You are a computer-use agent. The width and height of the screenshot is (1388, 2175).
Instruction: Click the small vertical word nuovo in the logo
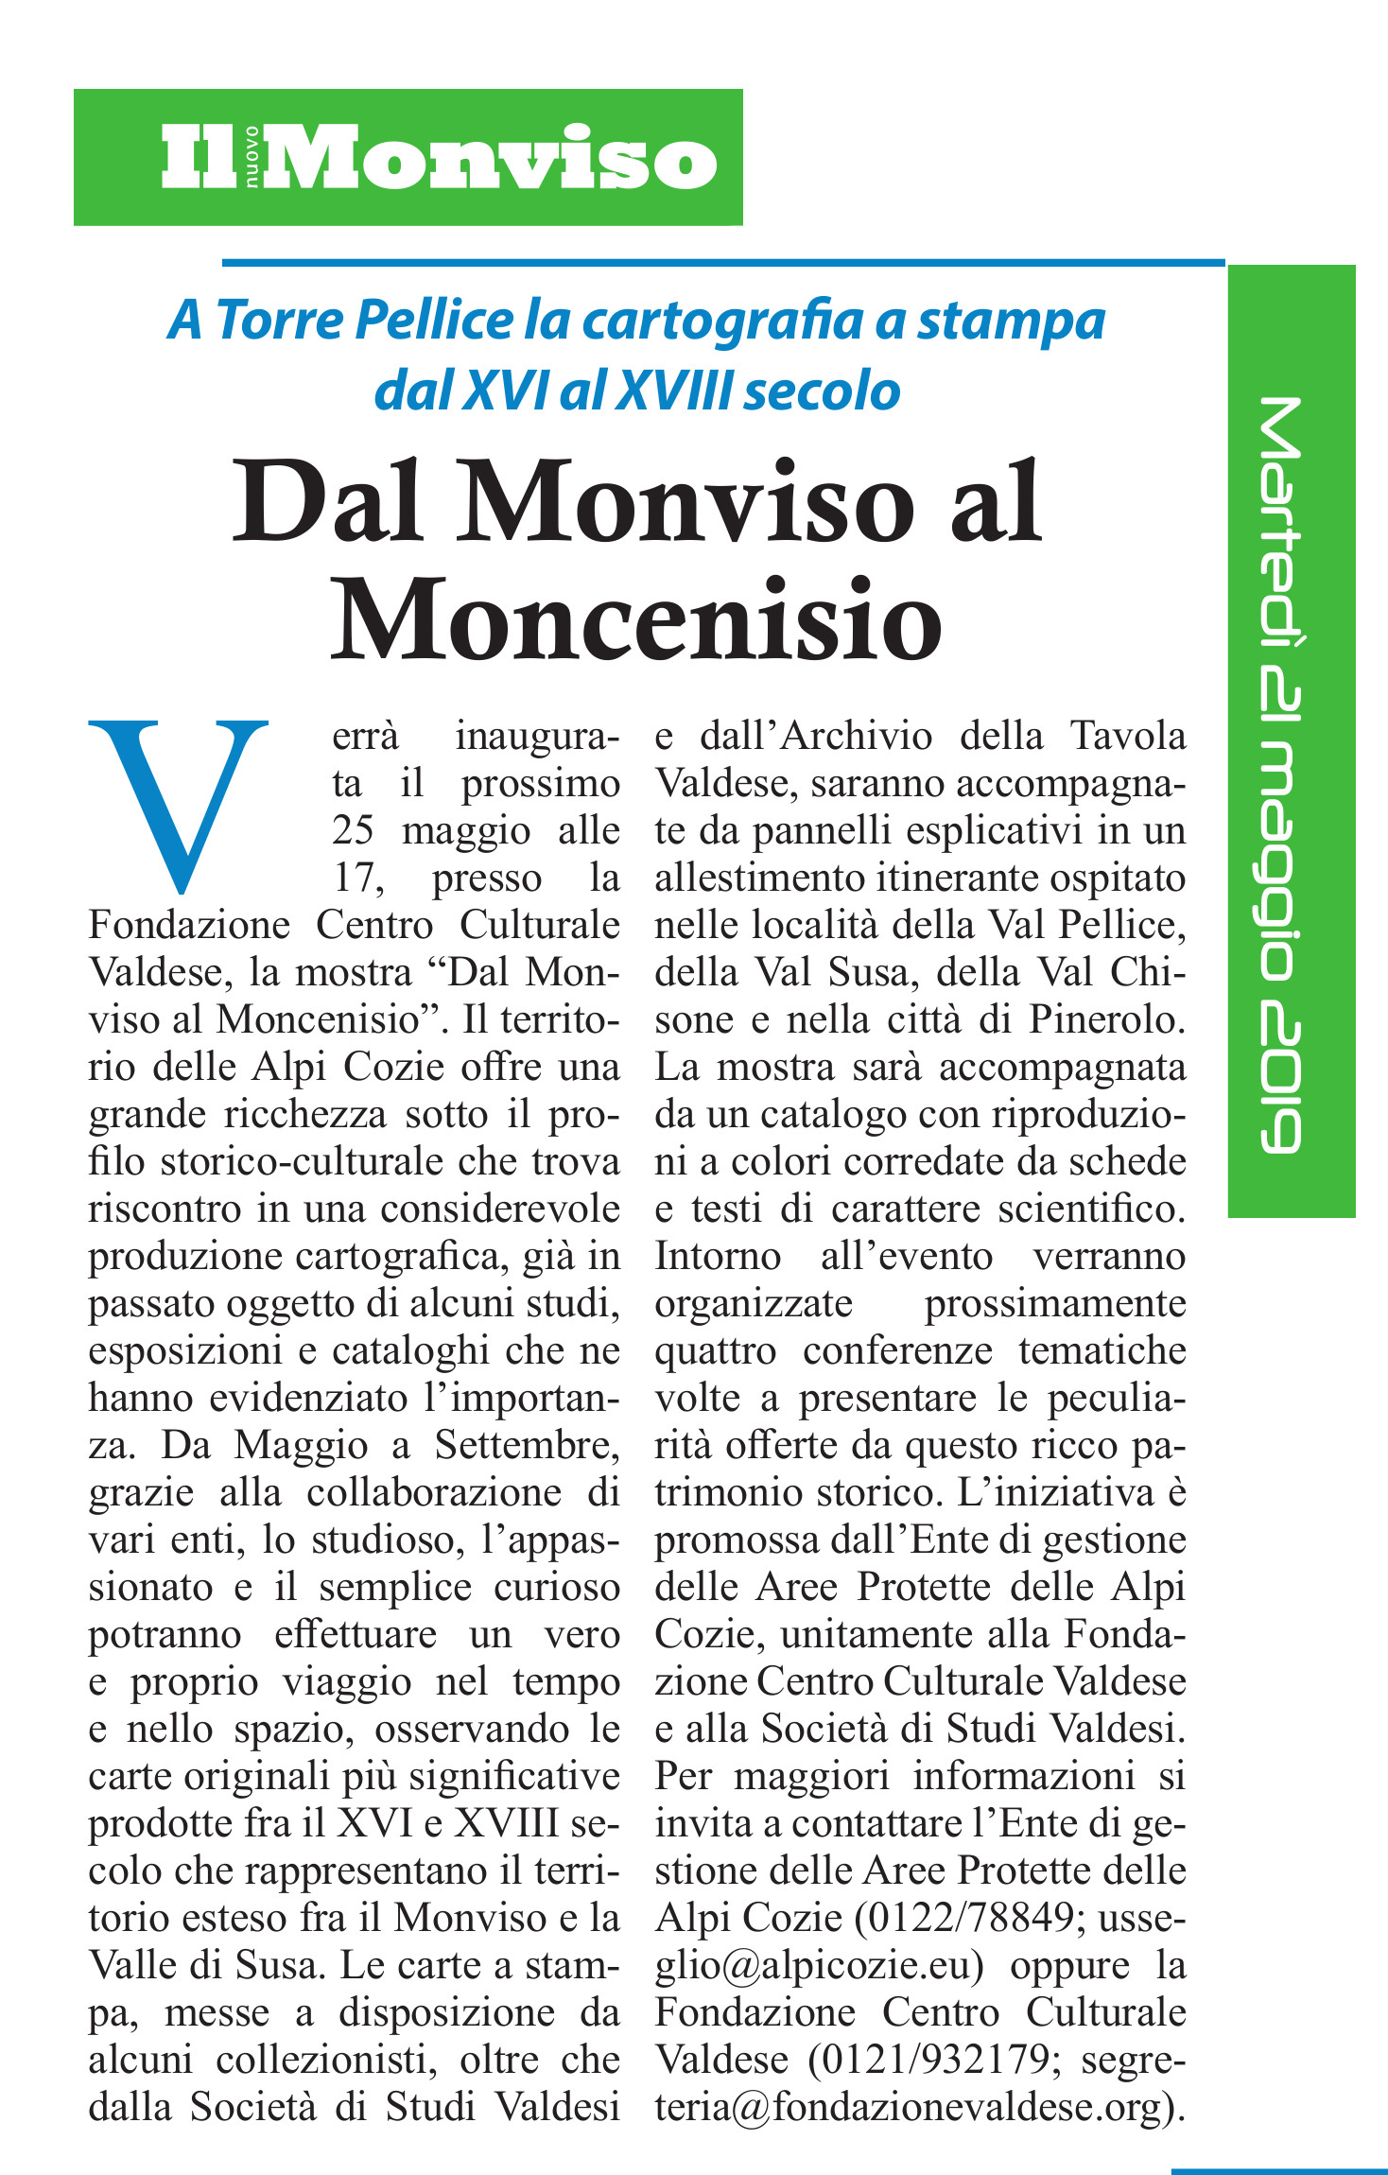[252, 157]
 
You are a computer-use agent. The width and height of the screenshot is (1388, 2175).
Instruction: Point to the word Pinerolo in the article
[1104, 1019]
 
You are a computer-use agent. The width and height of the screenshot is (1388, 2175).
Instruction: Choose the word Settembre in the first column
[525, 1445]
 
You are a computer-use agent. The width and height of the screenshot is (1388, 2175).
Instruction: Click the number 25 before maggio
[354, 830]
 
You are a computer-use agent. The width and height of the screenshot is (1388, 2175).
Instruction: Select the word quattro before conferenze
[715, 1350]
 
